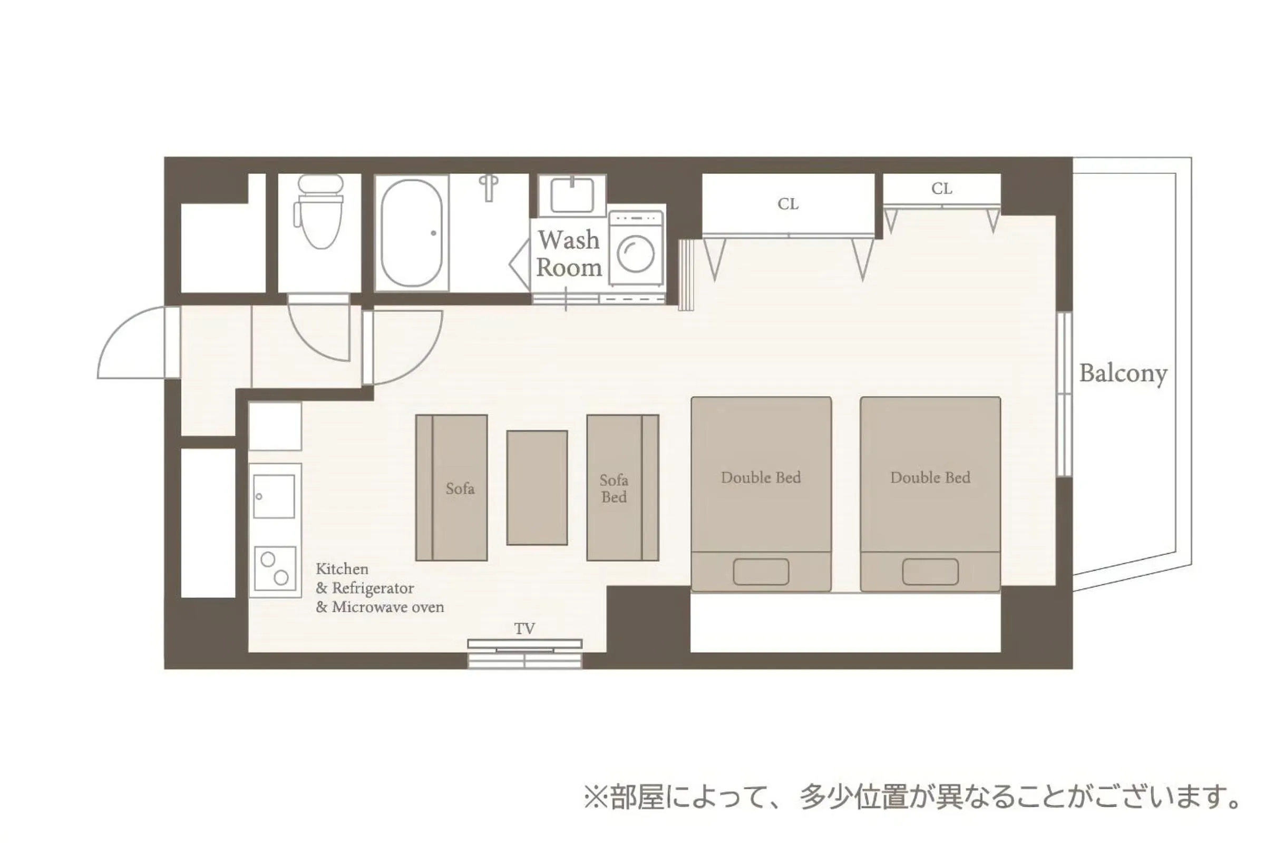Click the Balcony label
tap(1123, 373)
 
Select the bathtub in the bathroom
tap(412, 233)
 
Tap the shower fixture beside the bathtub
tap(489, 187)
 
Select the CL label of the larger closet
tap(788, 204)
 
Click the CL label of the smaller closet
tap(942, 189)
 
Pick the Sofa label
tap(460, 488)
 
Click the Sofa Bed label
tap(614, 488)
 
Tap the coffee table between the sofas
tap(537, 488)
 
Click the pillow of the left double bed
tap(761, 572)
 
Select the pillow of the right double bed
tap(930, 572)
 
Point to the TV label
tap(524, 629)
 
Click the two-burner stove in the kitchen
tap(275, 568)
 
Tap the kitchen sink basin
tap(274, 496)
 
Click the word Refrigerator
tap(373, 588)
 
